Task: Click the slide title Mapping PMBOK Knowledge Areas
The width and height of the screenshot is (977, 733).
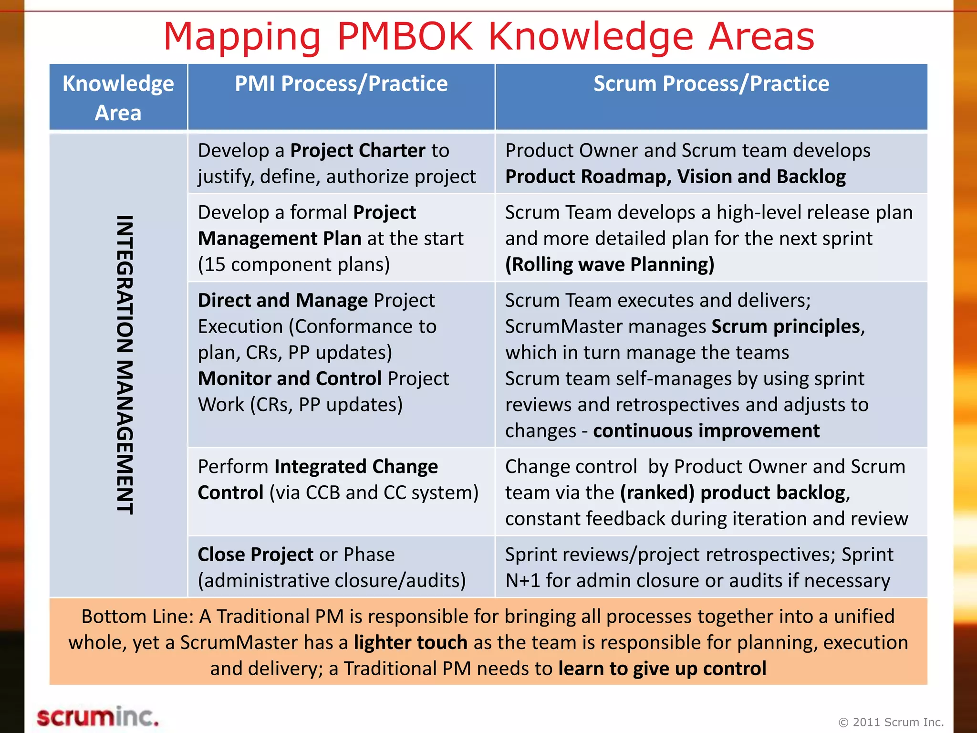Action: coord(488,36)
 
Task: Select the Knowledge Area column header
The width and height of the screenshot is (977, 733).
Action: coord(118,97)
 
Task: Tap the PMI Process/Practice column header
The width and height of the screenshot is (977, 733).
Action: coord(341,84)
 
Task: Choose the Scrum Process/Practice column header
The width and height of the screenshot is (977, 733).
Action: coord(711,84)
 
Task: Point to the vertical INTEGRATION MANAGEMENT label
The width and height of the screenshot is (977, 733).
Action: coord(125,365)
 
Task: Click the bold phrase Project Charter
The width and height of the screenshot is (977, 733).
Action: coord(358,151)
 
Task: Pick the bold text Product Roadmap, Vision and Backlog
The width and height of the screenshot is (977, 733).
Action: coord(675,177)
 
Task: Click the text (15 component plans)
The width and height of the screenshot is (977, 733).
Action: coord(294,265)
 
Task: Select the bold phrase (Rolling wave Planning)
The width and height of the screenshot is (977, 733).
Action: coord(610,265)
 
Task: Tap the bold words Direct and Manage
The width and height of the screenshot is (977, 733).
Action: coord(283,301)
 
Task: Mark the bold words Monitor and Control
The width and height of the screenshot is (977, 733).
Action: coord(290,379)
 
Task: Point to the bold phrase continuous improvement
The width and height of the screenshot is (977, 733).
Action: coord(706,431)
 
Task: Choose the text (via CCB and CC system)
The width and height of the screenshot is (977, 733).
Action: coord(374,493)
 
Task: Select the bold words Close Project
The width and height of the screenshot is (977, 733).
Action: coord(256,555)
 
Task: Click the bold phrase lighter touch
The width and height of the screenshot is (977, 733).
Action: coord(410,643)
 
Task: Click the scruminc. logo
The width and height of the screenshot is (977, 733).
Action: coord(98,717)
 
